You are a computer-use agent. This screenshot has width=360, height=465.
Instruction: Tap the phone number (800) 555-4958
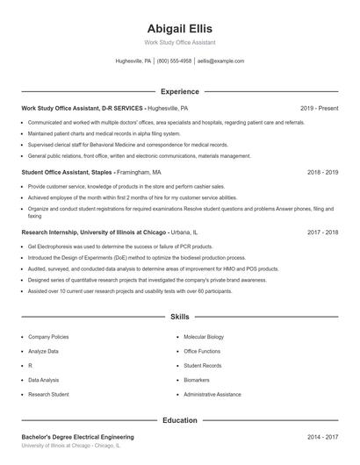[x=174, y=61]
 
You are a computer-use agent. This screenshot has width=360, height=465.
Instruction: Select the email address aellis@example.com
[x=220, y=61]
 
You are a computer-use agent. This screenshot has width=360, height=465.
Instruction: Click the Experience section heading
[x=179, y=91]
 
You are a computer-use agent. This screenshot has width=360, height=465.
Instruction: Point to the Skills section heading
[x=179, y=316]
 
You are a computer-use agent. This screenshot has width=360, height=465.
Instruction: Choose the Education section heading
[x=179, y=420]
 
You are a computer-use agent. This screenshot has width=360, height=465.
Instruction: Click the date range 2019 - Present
[x=319, y=108]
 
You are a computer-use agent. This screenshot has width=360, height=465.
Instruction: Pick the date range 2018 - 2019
[x=322, y=173]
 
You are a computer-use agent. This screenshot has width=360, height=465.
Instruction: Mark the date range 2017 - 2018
[x=322, y=232]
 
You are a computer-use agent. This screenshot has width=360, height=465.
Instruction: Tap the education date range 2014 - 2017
[x=322, y=436]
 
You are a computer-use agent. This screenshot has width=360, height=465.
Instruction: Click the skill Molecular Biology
[x=204, y=337]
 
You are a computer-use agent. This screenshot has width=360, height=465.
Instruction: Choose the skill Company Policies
[x=48, y=337]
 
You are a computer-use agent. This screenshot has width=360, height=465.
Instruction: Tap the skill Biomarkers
[x=197, y=380]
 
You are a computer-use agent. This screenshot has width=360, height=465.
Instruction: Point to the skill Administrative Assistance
[x=212, y=395]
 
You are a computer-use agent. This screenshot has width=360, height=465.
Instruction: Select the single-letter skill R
[x=30, y=366]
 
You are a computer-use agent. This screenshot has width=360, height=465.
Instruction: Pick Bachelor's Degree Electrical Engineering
[x=77, y=436]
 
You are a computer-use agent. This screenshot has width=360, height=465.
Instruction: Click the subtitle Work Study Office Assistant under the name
[x=179, y=42]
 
